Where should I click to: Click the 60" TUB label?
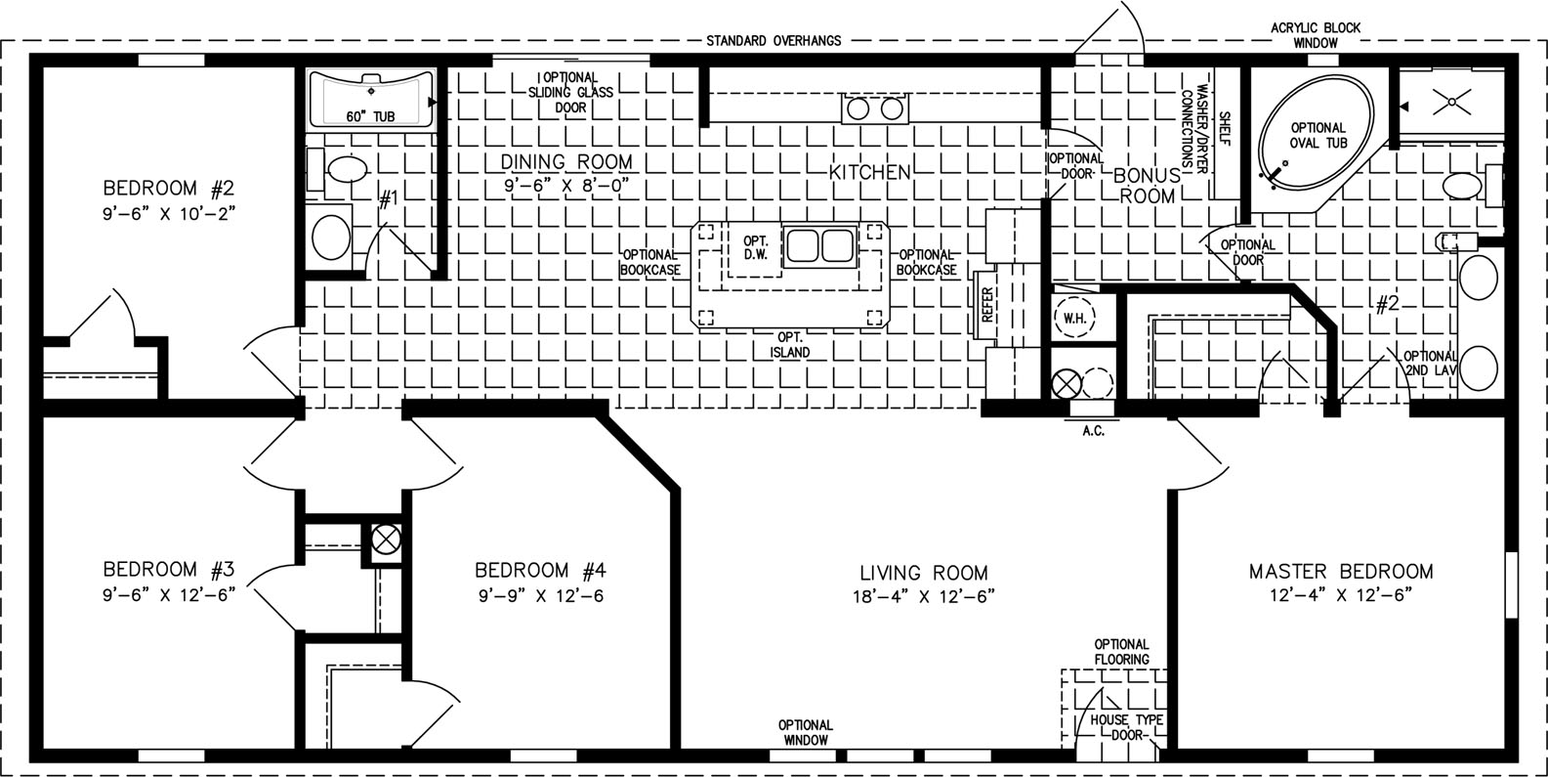point(370,117)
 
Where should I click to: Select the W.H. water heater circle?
point(1075,318)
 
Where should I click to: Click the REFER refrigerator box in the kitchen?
point(986,305)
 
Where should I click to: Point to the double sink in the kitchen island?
point(820,245)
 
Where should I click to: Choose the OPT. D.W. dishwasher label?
point(755,247)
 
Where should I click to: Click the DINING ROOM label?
point(566,162)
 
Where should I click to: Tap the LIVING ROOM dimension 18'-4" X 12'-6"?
point(923,596)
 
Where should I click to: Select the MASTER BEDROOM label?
point(1341,572)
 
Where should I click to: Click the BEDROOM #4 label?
point(540,571)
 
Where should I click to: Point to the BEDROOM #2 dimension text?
point(169,214)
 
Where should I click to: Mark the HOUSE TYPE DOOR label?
point(1126,727)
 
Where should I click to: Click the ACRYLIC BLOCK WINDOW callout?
point(1316,35)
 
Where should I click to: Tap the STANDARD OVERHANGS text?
point(774,41)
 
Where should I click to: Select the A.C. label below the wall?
point(1093,431)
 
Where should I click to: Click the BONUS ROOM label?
point(1148,186)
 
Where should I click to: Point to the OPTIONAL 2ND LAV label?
point(1430,363)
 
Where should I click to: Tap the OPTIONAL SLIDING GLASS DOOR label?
point(570,92)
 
